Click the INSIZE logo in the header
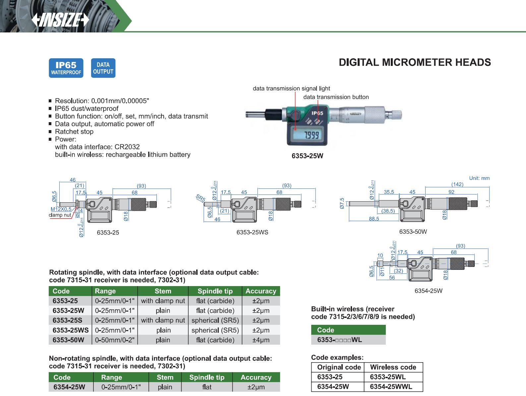click(60, 21)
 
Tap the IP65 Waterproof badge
click(66, 68)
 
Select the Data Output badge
click(103, 68)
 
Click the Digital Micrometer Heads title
click(415, 62)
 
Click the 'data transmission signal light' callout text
click(291, 88)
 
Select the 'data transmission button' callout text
click(336, 97)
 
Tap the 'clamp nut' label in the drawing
click(60, 215)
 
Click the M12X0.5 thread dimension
click(61, 209)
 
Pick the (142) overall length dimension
click(457, 184)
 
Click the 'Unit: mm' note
click(479, 178)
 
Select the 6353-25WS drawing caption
click(252, 232)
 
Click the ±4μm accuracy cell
click(261, 340)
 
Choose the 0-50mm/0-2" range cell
click(115, 340)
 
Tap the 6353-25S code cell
click(68, 320)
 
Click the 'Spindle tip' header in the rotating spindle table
click(215, 291)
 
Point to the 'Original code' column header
click(339, 367)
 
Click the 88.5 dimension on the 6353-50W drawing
click(374, 219)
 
